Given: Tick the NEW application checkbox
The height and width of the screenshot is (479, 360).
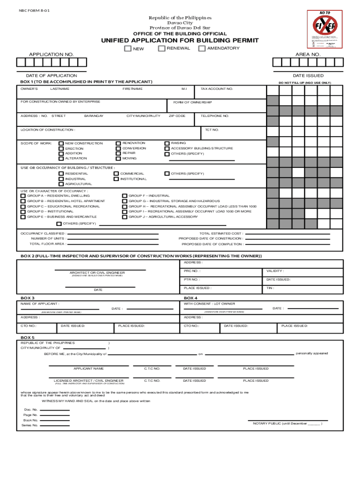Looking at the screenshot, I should pyautogui.click(x=127, y=49).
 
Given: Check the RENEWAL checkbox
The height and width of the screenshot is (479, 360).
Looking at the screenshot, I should pyautogui.click(x=161, y=48).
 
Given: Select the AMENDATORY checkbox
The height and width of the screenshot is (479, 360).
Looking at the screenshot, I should pyautogui.click(x=202, y=48).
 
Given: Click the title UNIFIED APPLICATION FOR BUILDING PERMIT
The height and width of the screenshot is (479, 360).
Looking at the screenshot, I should pyautogui.click(x=180, y=41).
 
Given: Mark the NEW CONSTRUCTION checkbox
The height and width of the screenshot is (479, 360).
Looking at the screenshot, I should pyautogui.click(x=61, y=143).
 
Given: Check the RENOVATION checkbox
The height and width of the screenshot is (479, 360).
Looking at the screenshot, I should pyautogui.click(x=118, y=143).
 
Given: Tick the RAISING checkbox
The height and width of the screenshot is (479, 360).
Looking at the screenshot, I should pyautogui.click(x=167, y=143).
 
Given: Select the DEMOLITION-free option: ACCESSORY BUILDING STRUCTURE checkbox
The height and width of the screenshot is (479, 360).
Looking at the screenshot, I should pyautogui.click(x=167, y=148).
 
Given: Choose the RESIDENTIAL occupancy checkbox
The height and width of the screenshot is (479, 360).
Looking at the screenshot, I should pyautogui.click(x=61, y=174).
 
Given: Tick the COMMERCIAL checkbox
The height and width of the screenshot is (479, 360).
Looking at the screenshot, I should pyautogui.click(x=116, y=174).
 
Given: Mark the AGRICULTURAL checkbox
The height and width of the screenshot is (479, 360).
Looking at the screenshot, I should pyautogui.click(x=61, y=184).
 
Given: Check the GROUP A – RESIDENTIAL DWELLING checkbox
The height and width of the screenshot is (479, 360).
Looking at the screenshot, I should pyautogui.click(x=23, y=196).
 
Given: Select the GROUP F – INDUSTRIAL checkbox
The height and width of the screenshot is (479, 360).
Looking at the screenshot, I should pyautogui.click(x=124, y=196).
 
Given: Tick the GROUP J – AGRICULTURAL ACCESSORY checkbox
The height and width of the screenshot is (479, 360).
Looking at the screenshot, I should pyautogui.click(x=124, y=217).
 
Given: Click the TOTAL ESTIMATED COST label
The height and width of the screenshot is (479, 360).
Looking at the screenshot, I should pyautogui.click(x=221, y=233).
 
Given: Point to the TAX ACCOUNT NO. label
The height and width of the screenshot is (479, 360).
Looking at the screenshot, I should pyautogui.click(x=216, y=89).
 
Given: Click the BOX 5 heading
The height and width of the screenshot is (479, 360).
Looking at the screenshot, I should pyautogui.click(x=28, y=337).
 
